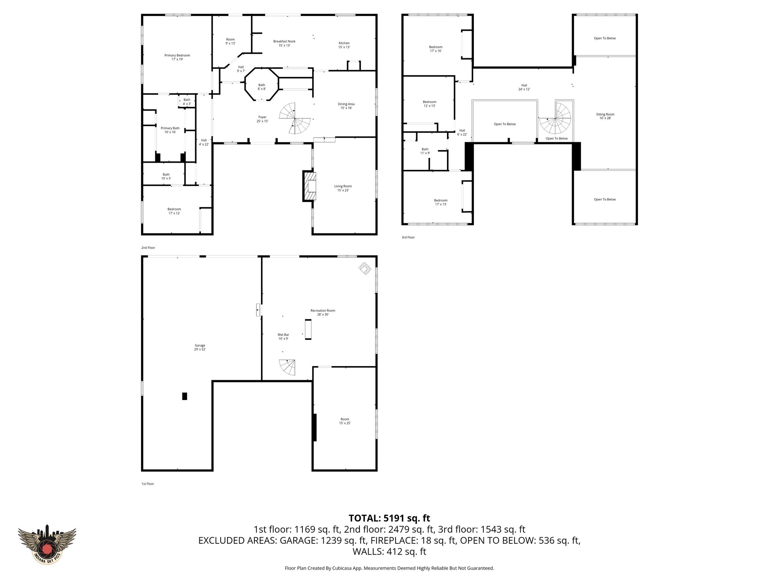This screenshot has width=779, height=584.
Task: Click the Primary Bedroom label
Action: click(x=177, y=57)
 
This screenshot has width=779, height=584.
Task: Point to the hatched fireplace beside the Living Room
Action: click(x=309, y=186)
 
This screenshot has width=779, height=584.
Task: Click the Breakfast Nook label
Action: click(x=284, y=43)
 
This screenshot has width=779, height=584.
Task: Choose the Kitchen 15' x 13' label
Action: click(x=344, y=45)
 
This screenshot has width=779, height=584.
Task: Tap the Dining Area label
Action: click(x=346, y=106)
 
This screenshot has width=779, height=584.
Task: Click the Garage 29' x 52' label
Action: click(x=200, y=347)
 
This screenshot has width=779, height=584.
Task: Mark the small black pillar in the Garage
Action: click(x=184, y=396)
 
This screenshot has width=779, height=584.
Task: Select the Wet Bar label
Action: click(x=283, y=336)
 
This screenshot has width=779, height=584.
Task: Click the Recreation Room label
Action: click(x=323, y=312)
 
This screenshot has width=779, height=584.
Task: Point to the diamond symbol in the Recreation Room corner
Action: click(x=365, y=268)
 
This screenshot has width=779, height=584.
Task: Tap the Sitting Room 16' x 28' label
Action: click(x=605, y=116)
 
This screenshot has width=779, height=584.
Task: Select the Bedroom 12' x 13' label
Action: click(x=429, y=103)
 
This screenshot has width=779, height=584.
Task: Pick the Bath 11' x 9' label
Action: click(x=425, y=151)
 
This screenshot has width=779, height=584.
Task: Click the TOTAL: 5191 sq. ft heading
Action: click(x=389, y=518)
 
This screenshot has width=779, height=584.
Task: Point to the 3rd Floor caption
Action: click(x=408, y=237)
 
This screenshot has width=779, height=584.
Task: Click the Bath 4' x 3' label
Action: click(x=186, y=102)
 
